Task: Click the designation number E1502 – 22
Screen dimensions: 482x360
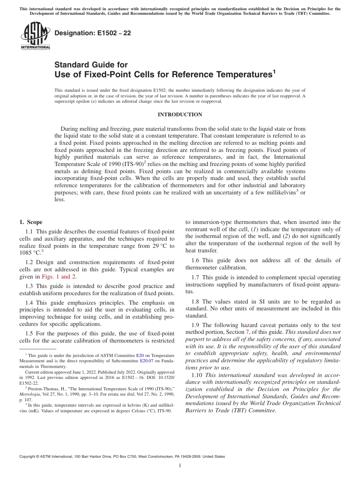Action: (93, 33)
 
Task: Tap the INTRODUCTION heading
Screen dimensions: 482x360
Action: (180, 114)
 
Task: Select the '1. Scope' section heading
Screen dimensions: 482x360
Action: (31, 222)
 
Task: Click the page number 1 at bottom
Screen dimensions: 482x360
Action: (180, 466)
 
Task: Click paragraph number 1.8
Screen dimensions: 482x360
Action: (195, 302)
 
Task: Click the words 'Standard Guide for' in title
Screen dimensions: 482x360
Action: (91, 64)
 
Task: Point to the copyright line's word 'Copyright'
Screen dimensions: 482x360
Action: (28, 457)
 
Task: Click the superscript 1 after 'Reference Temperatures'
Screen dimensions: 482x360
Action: (274, 71)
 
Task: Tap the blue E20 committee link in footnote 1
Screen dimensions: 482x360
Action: (140, 356)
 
